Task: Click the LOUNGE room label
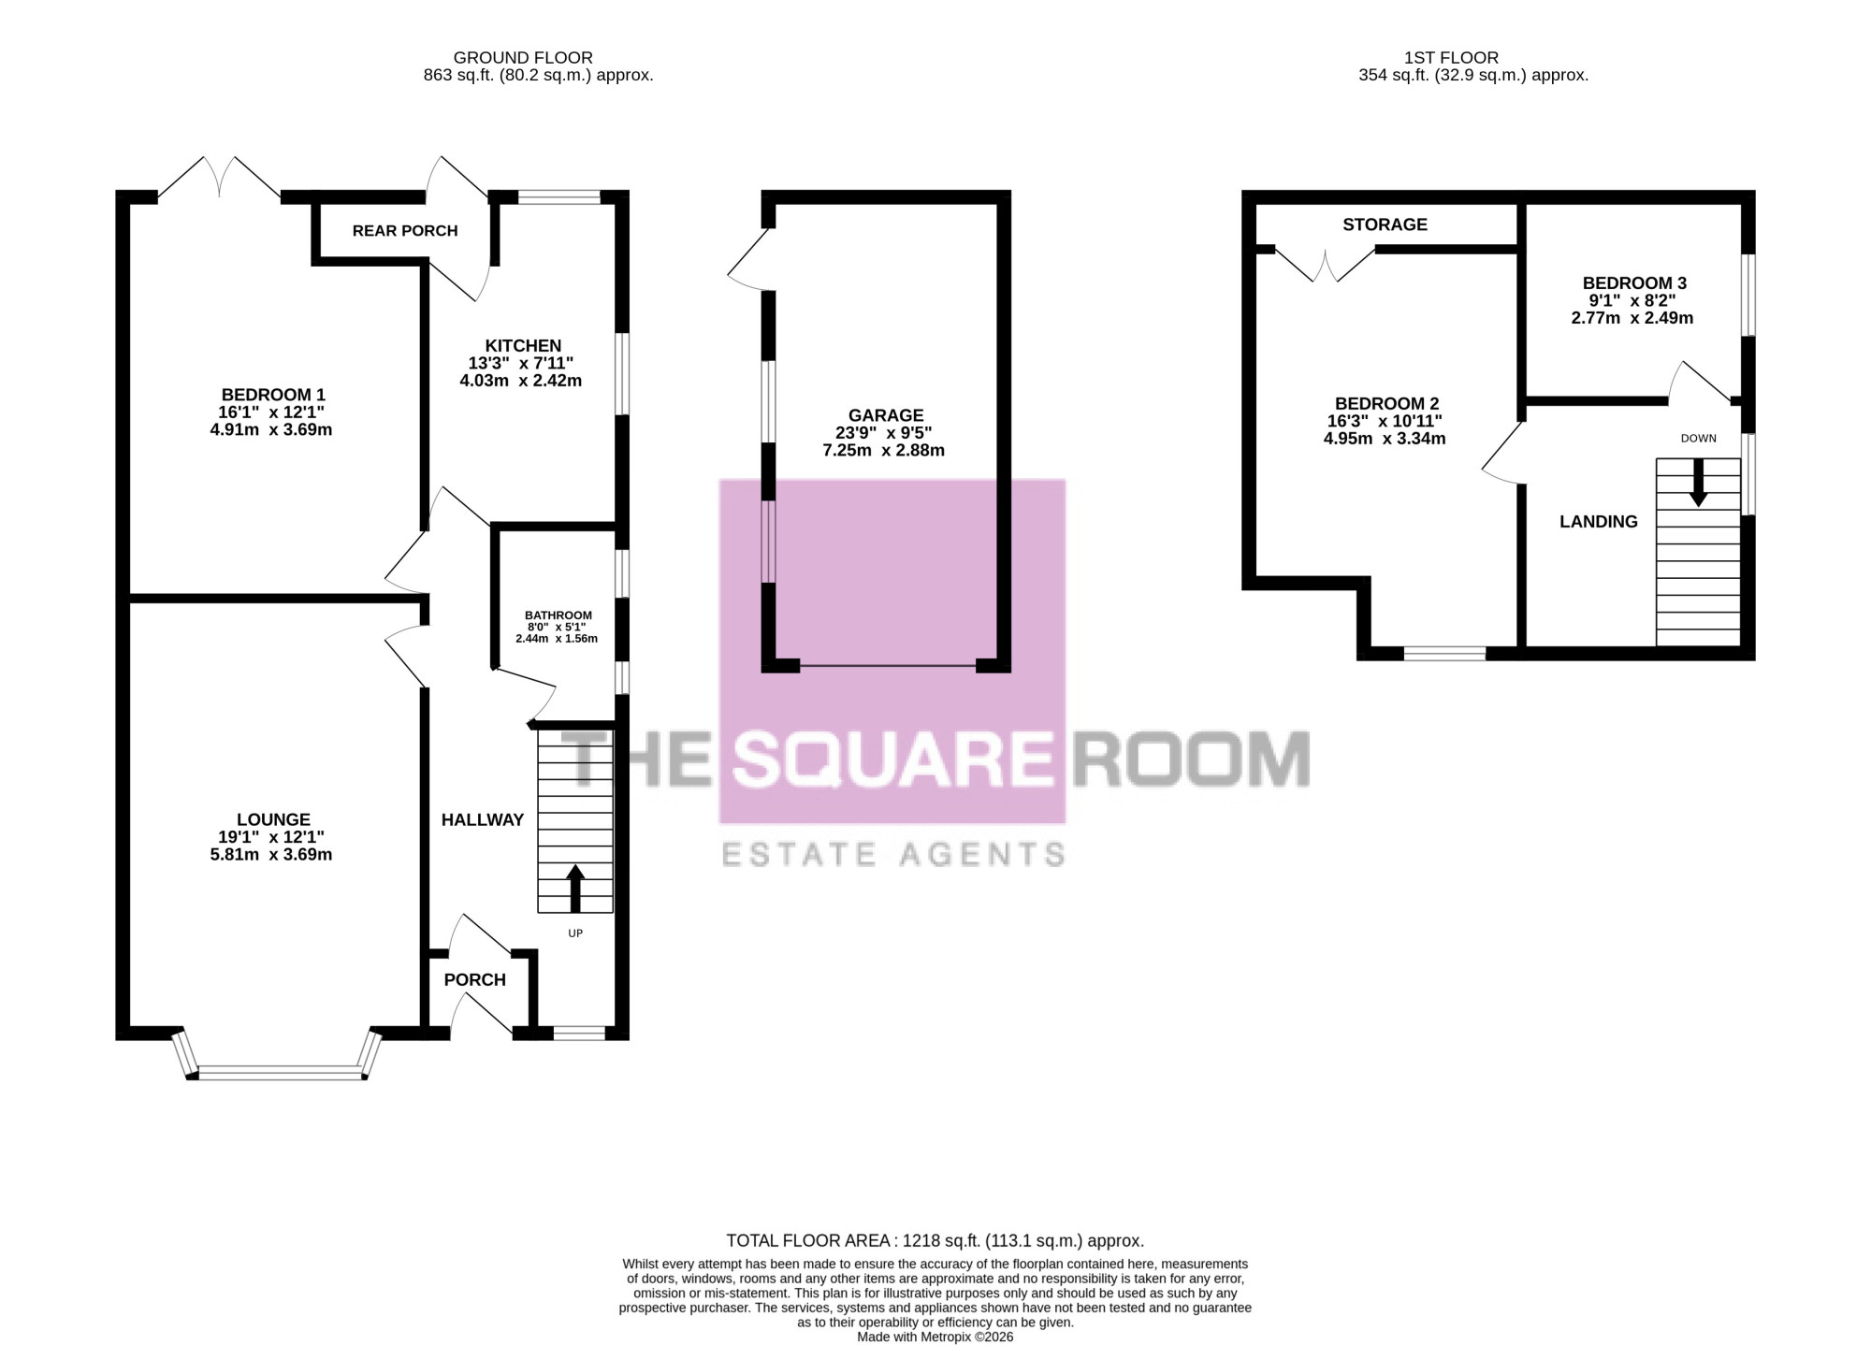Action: click(273, 819)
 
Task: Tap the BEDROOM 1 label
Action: click(273, 395)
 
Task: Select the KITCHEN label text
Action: click(523, 346)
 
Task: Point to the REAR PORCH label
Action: click(405, 230)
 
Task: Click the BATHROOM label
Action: click(558, 615)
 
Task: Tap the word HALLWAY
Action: click(483, 819)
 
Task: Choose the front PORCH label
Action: click(474, 979)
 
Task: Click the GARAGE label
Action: click(886, 415)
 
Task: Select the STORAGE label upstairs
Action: click(1385, 224)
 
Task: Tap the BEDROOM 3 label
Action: click(1634, 282)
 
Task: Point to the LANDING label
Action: click(1599, 522)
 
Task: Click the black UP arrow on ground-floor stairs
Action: click(575, 889)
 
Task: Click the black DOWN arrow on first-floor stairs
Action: click(1698, 484)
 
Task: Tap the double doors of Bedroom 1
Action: click(220, 177)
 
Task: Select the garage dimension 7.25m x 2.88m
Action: click(883, 450)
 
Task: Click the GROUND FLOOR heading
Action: click(523, 58)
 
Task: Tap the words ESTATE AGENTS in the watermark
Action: click(893, 854)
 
